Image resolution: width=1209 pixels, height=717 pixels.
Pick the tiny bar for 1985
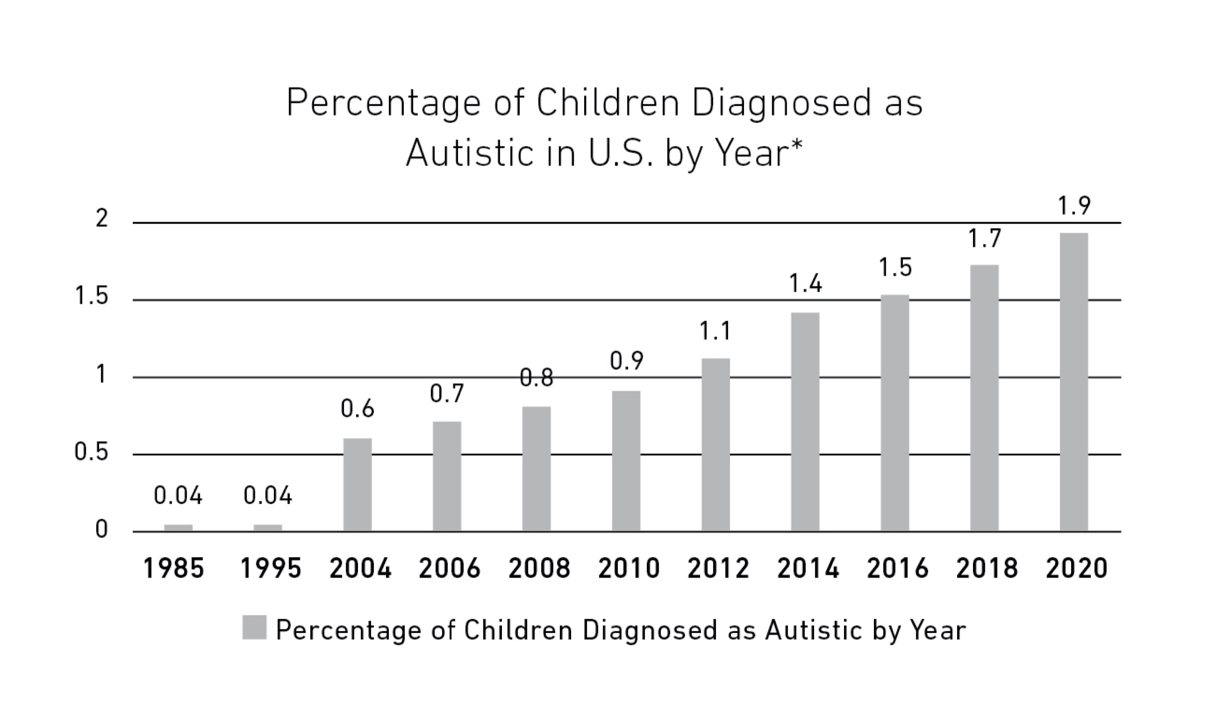pos(178,528)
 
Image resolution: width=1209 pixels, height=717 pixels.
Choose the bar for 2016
pos(895,413)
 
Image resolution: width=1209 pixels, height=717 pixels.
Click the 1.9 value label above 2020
pos(1074,206)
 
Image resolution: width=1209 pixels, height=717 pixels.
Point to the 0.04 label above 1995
pos(268,495)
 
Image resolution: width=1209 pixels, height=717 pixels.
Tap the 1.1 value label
pos(716,331)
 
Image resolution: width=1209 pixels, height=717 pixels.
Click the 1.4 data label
pos(805,284)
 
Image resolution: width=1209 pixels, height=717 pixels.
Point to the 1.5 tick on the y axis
pos(91,296)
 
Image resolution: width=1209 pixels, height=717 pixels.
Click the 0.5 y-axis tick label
pos(91,452)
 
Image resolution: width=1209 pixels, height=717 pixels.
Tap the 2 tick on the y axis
pos(102,219)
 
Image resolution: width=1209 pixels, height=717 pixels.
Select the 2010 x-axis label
pos(628,568)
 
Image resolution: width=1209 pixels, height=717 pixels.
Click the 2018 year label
pos(986,568)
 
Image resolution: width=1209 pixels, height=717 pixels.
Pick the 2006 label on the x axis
pos(449,568)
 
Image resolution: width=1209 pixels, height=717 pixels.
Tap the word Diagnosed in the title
pos(782,104)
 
